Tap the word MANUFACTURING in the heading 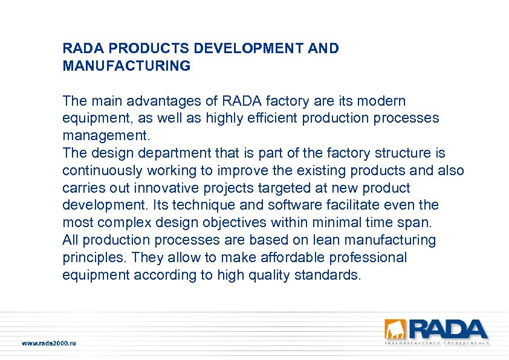point(126,66)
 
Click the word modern point(384,100)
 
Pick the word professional point(368,258)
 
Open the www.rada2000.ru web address point(50,343)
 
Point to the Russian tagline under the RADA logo point(437,342)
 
